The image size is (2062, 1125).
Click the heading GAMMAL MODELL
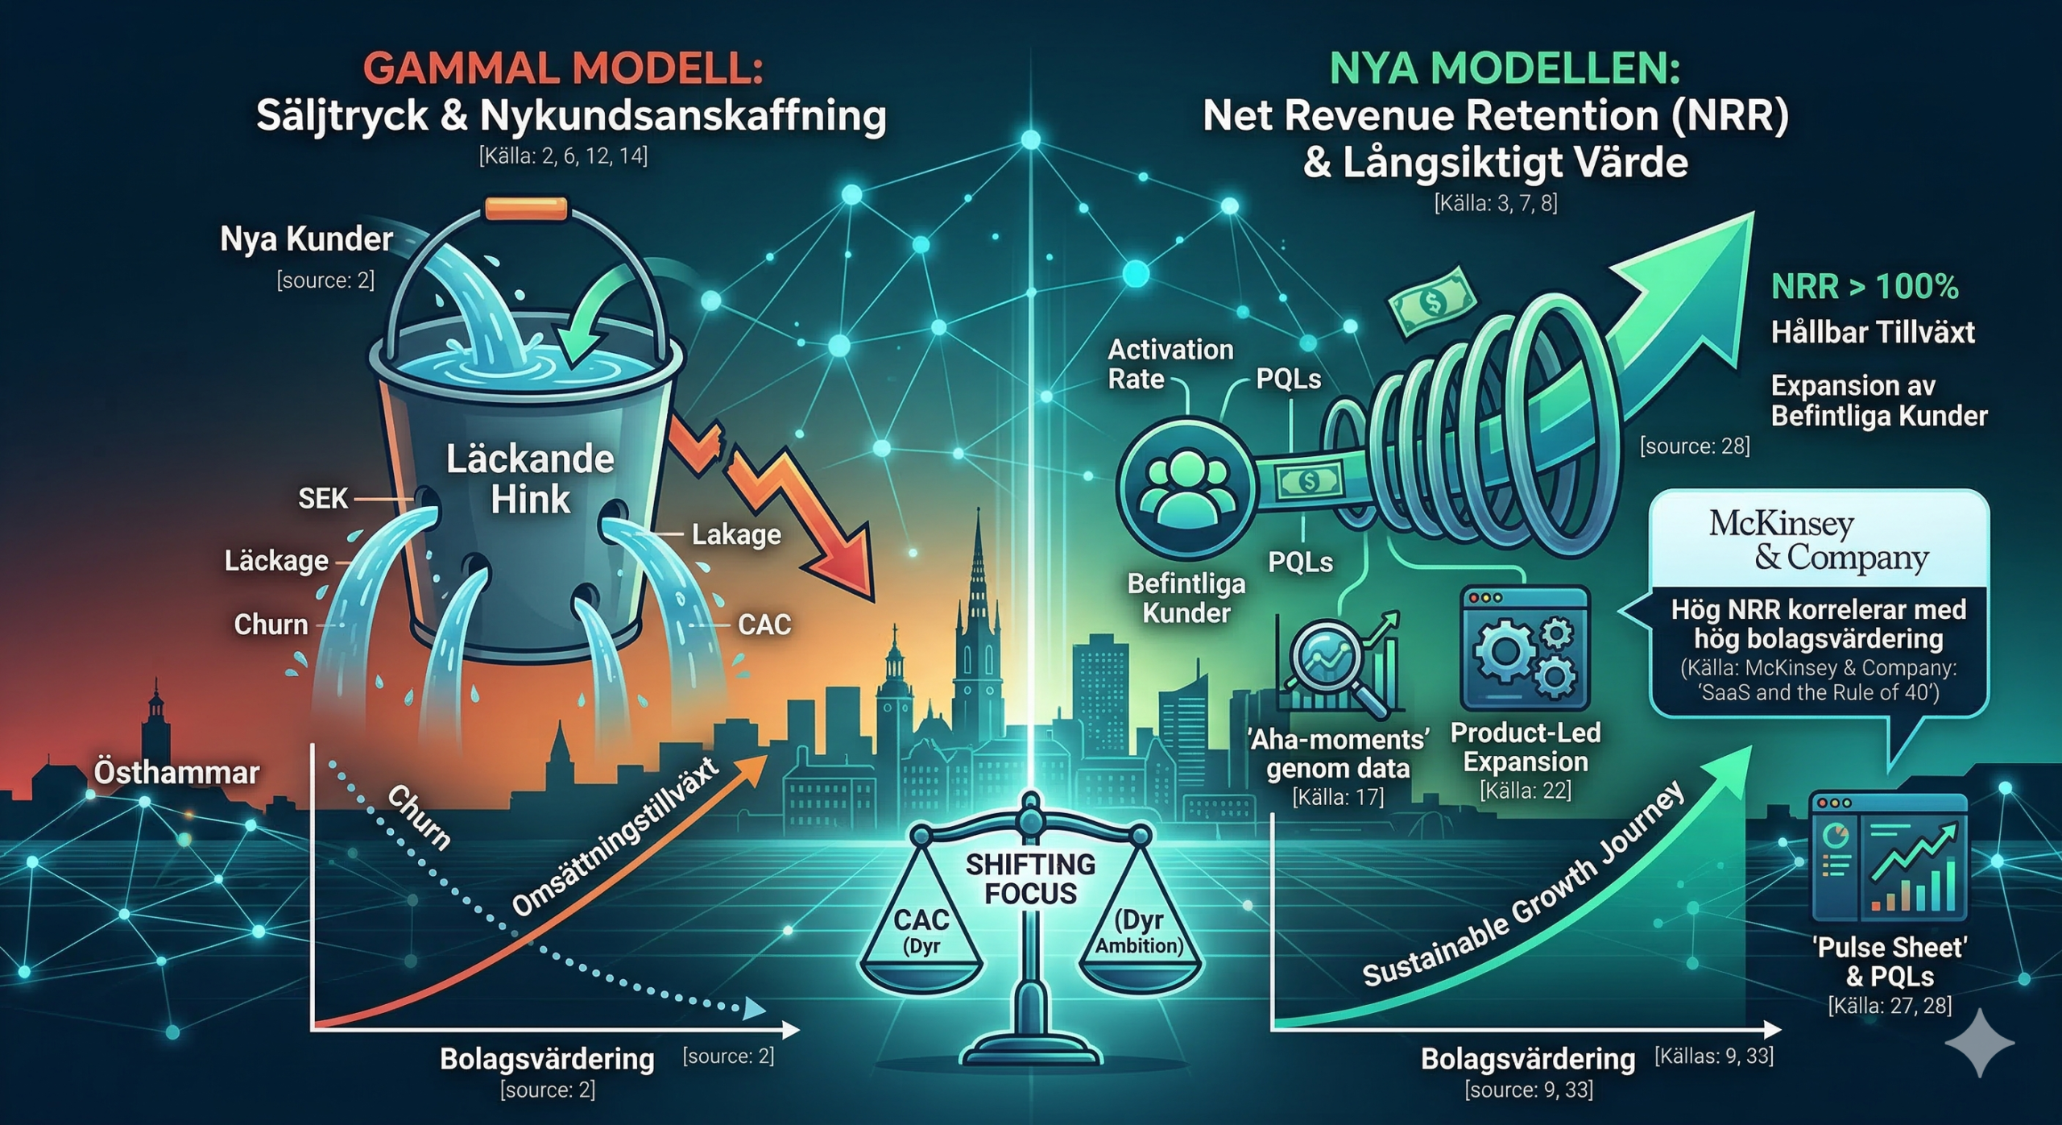(562, 68)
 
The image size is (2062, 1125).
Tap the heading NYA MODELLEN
(1505, 68)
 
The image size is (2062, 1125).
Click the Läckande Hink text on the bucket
(530, 479)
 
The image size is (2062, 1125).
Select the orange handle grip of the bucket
(527, 210)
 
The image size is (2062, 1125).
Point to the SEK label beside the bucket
(323, 499)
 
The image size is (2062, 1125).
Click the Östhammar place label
(176, 772)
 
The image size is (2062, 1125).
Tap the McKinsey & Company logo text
(1819, 541)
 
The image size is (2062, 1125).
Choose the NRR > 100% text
(1865, 287)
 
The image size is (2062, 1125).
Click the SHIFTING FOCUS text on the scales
(1030, 878)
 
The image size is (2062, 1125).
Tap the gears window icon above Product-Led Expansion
(1525, 650)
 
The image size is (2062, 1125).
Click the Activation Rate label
(1170, 363)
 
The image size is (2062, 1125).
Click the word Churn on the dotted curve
(418, 817)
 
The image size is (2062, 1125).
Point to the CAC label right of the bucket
(764, 625)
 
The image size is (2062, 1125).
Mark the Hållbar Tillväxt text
(1873, 332)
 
